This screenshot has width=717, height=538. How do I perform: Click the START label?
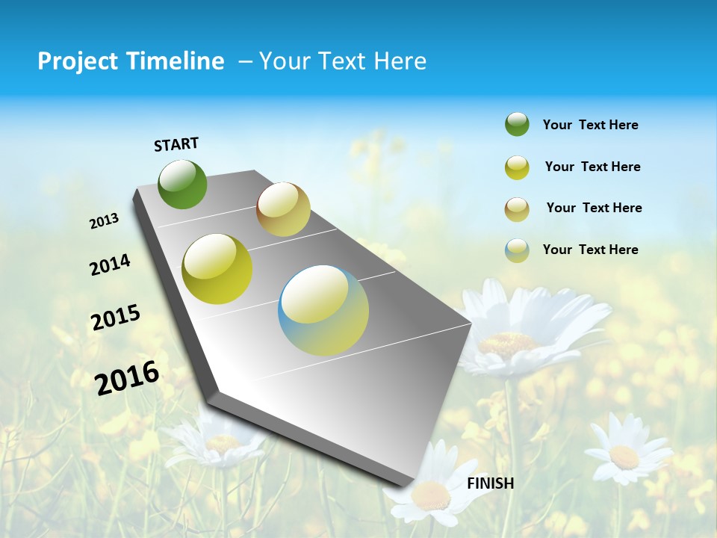point(176,144)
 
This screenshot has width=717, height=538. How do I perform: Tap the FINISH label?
point(490,483)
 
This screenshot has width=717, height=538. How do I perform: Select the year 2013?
point(104,221)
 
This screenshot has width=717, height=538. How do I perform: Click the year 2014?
point(110,265)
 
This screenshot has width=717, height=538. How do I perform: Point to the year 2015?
point(116,318)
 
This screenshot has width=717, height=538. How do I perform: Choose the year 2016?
point(127,377)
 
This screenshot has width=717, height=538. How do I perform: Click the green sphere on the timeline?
point(183,184)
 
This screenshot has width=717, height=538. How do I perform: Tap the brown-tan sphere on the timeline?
point(283,209)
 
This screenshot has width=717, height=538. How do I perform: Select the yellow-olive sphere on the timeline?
point(217,269)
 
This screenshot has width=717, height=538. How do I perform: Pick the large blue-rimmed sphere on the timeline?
point(323,310)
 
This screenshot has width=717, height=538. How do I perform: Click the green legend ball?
point(517,125)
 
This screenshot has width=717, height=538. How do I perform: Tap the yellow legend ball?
point(517,167)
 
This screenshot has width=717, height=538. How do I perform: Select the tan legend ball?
point(517,208)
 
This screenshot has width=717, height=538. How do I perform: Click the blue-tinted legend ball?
point(517,250)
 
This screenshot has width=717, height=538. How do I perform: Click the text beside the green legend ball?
point(590,125)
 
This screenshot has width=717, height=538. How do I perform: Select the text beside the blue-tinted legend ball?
point(590,250)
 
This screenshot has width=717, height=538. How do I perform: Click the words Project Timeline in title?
point(131,61)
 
